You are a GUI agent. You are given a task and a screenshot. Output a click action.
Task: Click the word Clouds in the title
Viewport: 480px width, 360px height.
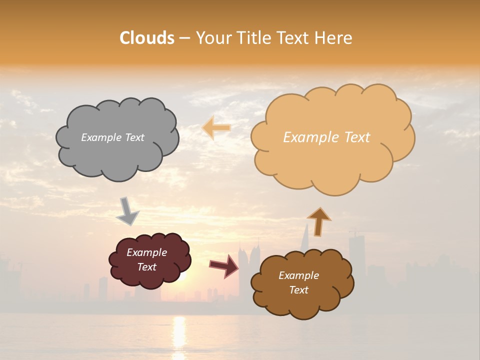[x=147, y=38]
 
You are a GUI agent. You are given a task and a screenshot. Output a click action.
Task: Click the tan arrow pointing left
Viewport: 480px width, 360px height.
[x=216, y=128]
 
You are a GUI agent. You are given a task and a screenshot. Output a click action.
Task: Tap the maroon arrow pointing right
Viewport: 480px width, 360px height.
[x=224, y=265]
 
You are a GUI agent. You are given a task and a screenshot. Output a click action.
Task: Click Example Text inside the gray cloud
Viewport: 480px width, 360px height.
[x=112, y=137]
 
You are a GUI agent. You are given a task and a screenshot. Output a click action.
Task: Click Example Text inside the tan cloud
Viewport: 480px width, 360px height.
[x=326, y=137]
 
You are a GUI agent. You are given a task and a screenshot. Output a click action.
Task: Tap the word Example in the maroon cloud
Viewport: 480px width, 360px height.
[x=146, y=252]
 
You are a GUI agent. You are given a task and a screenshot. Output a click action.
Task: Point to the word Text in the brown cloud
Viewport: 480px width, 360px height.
[x=298, y=290]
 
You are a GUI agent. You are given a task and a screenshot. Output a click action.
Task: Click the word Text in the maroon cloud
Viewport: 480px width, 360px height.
[x=146, y=267]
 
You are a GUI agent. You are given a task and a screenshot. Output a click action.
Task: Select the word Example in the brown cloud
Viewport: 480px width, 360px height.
[x=298, y=275]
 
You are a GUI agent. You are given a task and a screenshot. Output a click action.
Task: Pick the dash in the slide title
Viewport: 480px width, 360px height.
[x=184, y=38]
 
